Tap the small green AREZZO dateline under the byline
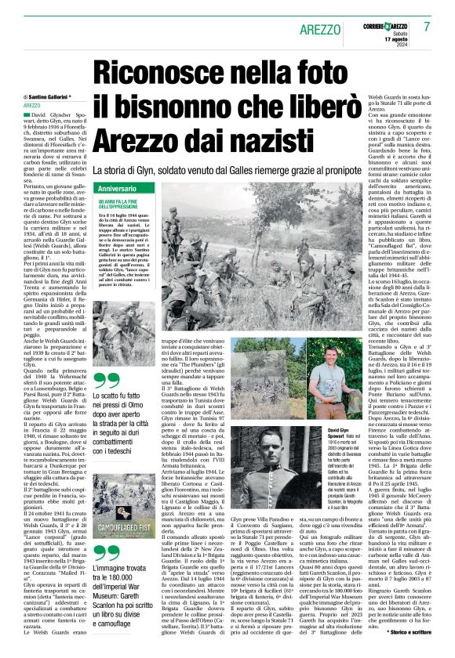tap(32, 105)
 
